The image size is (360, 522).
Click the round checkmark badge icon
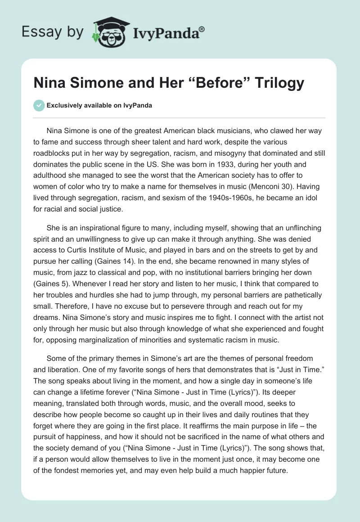pos(39,105)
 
